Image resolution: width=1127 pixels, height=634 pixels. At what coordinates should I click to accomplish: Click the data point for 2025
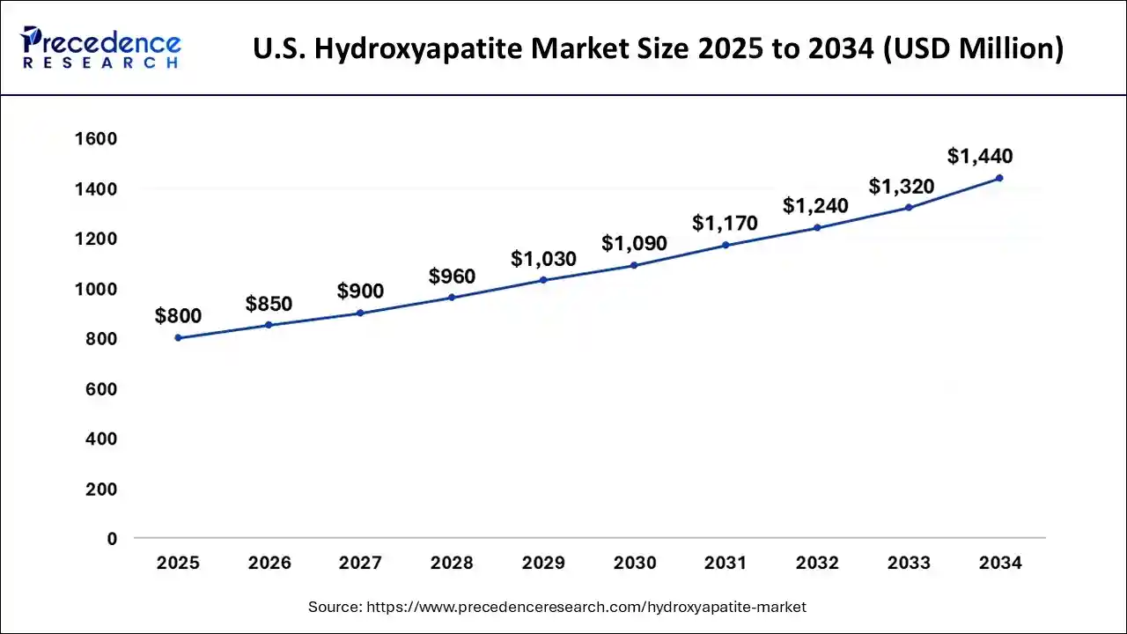coord(178,338)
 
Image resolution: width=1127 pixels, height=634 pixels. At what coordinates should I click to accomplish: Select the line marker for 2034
coord(999,178)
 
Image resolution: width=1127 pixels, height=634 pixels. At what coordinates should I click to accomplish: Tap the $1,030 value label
coord(543,259)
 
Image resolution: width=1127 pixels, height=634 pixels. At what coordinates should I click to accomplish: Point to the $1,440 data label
coord(980,157)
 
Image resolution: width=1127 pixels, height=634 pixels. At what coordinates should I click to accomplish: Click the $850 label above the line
coord(269,304)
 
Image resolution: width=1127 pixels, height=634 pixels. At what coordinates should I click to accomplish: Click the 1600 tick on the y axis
coord(96,139)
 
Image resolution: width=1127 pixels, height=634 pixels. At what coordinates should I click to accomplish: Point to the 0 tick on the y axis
coord(112,539)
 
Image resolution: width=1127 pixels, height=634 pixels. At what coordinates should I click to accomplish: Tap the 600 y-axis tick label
coord(101,389)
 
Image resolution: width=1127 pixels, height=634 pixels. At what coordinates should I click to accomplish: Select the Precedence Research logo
coord(102,48)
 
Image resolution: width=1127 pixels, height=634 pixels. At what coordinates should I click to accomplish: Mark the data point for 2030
coord(634,265)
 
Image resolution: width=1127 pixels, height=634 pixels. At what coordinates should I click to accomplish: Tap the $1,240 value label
coord(815,206)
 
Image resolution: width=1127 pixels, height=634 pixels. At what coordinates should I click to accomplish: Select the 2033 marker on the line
coord(909,208)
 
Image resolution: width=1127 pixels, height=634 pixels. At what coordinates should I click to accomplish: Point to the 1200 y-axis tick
coord(96,240)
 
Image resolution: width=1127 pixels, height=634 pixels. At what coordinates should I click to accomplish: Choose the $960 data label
coord(452,276)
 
